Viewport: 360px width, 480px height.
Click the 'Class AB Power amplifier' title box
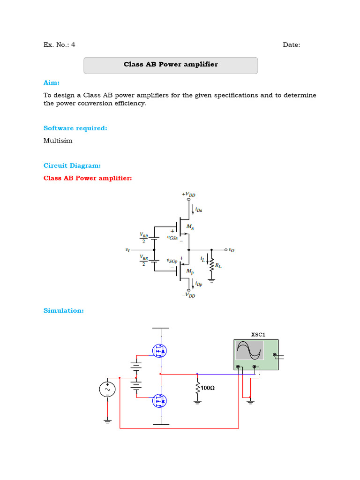pyautogui.click(x=171, y=65)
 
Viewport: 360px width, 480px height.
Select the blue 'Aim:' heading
pyautogui.click(x=52, y=82)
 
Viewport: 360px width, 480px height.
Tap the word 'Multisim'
pyautogui.click(x=58, y=141)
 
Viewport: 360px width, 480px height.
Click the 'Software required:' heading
pyautogui.click(x=75, y=128)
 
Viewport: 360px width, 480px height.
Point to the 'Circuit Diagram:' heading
pyautogui.click(x=72, y=165)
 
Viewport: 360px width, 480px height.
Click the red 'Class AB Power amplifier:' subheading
pyautogui.click(x=88, y=178)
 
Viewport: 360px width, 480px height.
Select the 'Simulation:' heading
pyautogui.click(x=63, y=310)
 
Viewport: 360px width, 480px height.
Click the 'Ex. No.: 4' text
pyautogui.click(x=59, y=45)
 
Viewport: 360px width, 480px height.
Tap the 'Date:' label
pyautogui.click(x=292, y=45)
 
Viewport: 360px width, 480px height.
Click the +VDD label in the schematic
pyautogui.click(x=189, y=194)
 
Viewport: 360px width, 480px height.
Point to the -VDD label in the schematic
pyautogui.click(x=189, y=295)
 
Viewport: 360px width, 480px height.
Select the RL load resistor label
pyautogui.click(x=218, y=266)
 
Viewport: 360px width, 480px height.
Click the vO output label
pyautogui.click(x=231, y=250)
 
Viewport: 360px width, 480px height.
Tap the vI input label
pyautogui.click(x=127, y=250)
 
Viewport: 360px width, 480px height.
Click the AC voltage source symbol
pyautogui.click(x=107, y=389)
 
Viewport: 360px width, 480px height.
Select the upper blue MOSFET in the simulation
pyautogui.click(x=160, y=350)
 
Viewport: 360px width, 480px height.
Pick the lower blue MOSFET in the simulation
pyautogui.click(x=160, y=401)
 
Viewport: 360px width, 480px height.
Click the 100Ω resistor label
pyautogui.click(x=208, y=389)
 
